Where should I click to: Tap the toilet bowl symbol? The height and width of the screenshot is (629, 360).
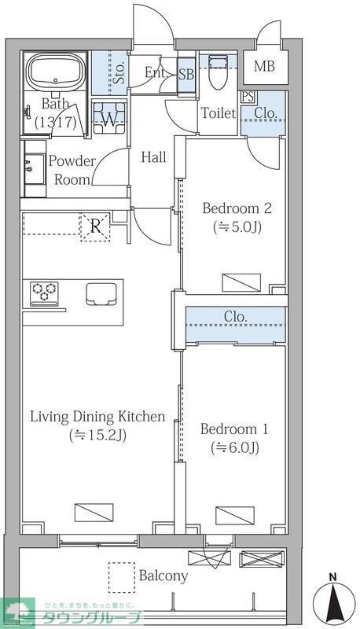pyautogui.click(x=218, y=72)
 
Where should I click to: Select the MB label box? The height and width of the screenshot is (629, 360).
pyautogui.click(x=265, y=67)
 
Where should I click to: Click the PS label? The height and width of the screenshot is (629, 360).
pyautogui.click(x=248, y=97)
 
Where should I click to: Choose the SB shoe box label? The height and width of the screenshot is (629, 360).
pyautogui.click(x=186, y=75)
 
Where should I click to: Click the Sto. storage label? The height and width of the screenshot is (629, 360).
pyautogui.click(x=119, y=72)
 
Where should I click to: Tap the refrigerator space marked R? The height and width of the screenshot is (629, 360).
pyautogui.click(x=95, y=227)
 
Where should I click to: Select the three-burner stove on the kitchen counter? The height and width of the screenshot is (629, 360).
pyautogui.click(x=44, y=293)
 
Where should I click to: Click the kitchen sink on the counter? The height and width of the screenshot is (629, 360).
pyautogui.click(x=101, y=293)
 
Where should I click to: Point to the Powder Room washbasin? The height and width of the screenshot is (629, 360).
pyautogui.click(x=35, y=168)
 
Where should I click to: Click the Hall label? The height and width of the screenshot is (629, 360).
pyautogui.click(x=153, y=157)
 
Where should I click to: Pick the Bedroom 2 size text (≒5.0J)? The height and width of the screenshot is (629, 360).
pyautogui.click(x=237, y=227)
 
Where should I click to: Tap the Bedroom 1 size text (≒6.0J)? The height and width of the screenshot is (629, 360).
pyautogui.click(x=235, y=447)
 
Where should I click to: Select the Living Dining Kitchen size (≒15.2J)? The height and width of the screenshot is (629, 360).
pyautogui.click(x=97, y=435)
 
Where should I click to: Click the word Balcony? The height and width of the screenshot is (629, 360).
pyautogui.click(x=163, y=576)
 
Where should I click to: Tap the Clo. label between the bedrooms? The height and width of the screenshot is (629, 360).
pyautogui.click(x=235, y=317)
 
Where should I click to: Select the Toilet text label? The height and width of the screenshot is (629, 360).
pyautogui.click(x=219, y=113)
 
